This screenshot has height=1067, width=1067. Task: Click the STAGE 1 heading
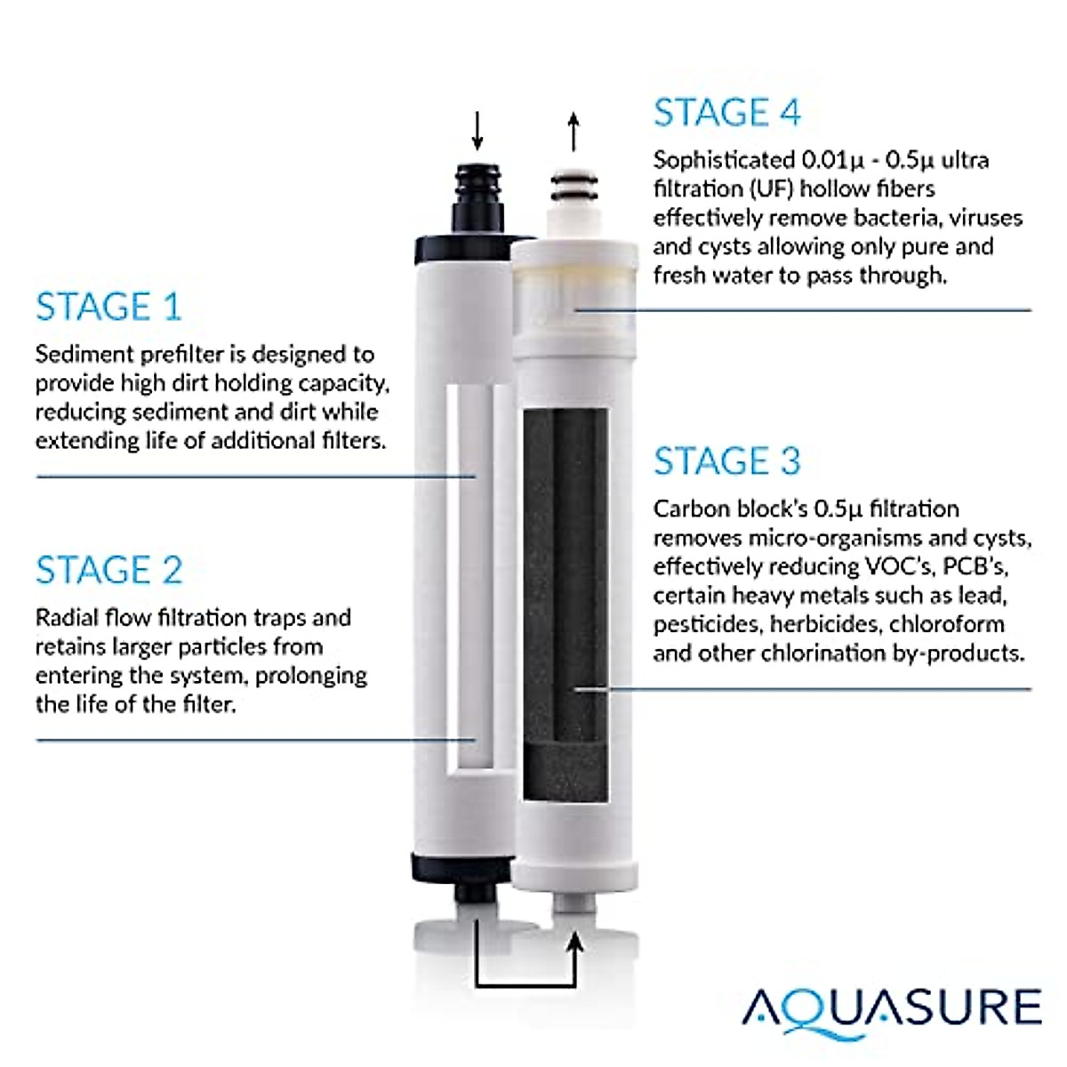tap(108, 307)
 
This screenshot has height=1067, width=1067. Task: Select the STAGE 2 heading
tap(109, 570)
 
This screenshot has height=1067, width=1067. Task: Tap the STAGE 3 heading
tap(726, 461)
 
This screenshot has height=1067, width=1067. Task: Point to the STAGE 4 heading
tap(726, 113)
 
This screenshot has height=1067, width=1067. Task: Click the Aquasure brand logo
tap(892, 1007)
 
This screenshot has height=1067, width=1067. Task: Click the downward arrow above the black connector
tap(477, 132)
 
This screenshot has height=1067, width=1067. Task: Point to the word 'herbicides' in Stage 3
tap(822, 624)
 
